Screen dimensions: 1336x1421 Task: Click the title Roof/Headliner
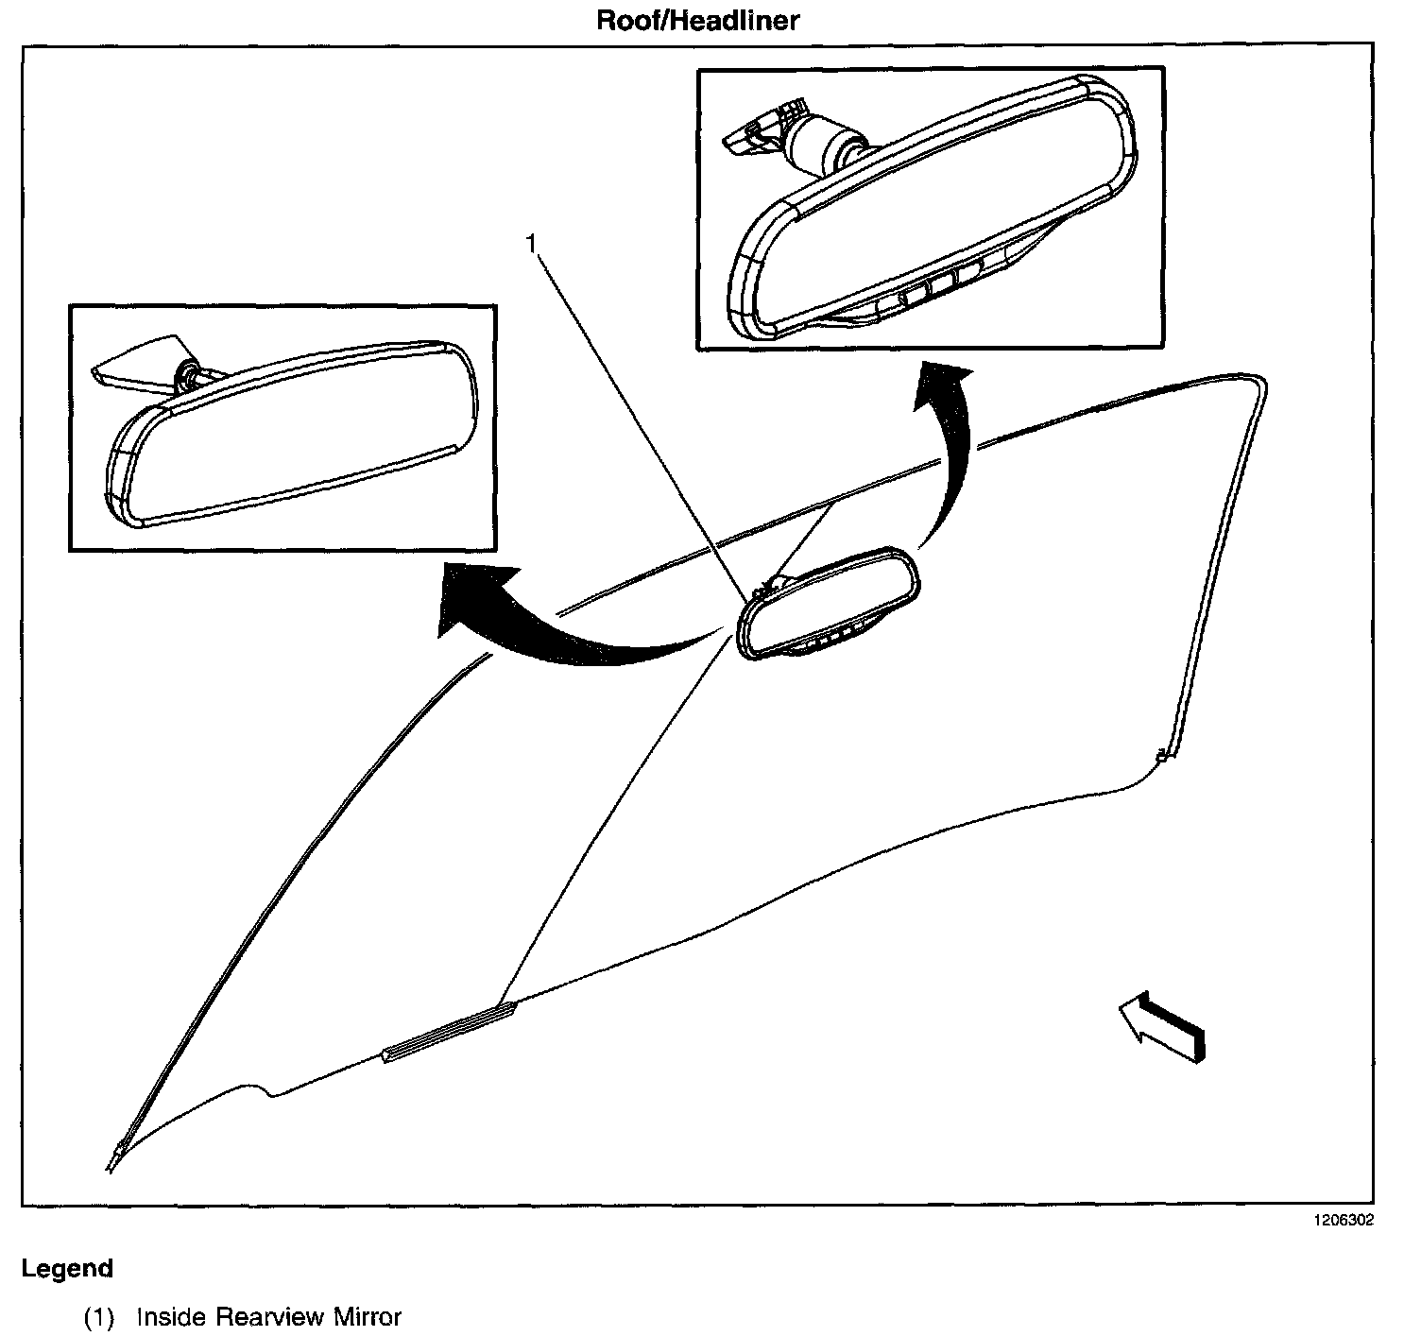pyautogui.click(x=697, y=20)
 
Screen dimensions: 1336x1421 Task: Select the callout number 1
pyautogui.click(x=532, y=244)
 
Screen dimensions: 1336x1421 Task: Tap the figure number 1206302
pyautogui.click(x=1341, y=1220)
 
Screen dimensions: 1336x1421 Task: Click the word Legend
pyautogui.click(x=67, y=1268)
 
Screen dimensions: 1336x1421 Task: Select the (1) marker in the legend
pyautogui.click(x=99, y=1317)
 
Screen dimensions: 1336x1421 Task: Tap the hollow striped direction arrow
pyautogui.click(x=1162, y=1027)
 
